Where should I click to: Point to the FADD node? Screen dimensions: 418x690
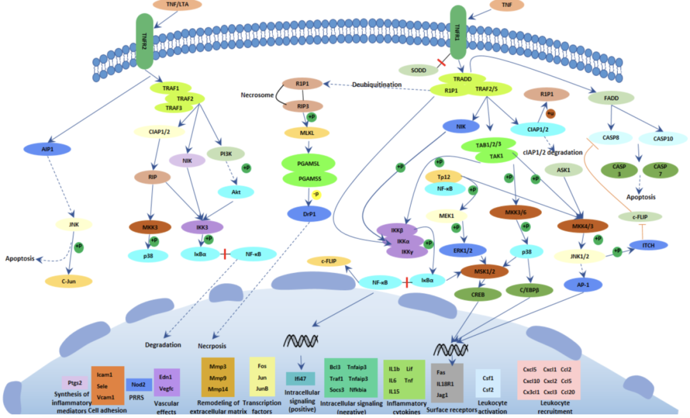[611, 98]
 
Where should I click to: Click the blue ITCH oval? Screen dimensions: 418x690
[647, 245]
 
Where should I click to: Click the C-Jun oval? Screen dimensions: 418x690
[69, 281]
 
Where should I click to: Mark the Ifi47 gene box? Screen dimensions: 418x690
[300, 378]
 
